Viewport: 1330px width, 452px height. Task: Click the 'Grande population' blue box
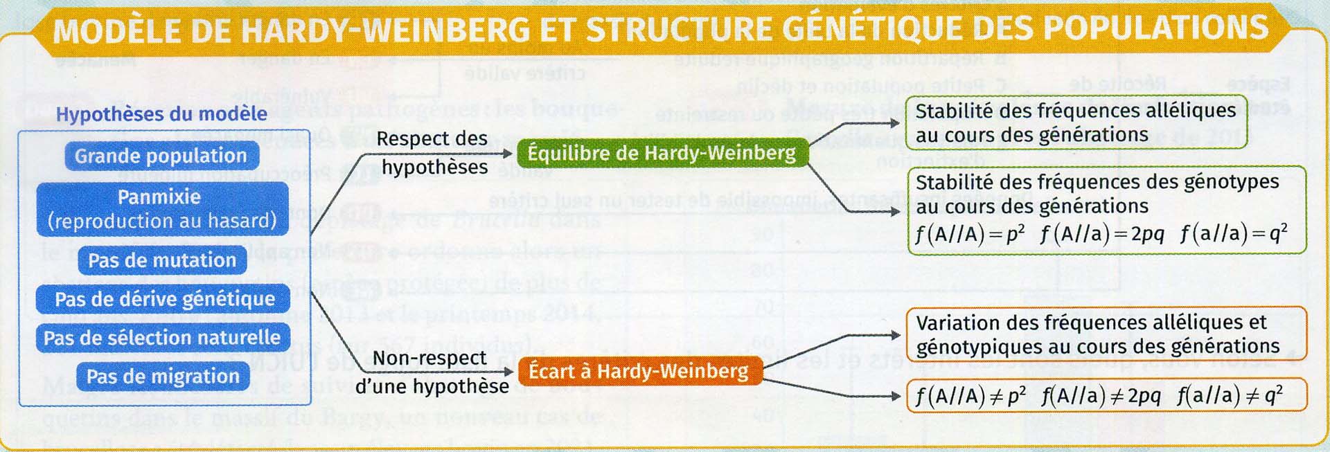coord(161,156)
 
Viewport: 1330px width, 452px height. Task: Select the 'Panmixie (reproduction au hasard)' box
coord(162,209)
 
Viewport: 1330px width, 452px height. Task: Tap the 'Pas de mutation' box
coord(162,260)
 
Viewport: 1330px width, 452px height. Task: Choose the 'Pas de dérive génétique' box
coord(164,299)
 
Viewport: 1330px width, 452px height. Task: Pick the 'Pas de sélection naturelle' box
coord(162,338)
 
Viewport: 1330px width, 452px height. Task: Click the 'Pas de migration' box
coord(162,377)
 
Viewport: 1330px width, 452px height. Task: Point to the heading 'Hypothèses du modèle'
coord(161,114)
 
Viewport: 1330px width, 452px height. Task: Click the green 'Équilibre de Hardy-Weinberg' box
coord(662,152)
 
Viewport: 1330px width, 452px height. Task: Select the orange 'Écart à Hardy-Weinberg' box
coord(638,372)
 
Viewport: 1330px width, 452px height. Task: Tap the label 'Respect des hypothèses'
coord(434,153)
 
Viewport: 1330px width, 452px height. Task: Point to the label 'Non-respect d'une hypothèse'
coord(431,372)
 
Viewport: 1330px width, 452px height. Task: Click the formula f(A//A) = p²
coord(970,234)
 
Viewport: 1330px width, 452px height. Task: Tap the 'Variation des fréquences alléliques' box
coord(1106,334)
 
